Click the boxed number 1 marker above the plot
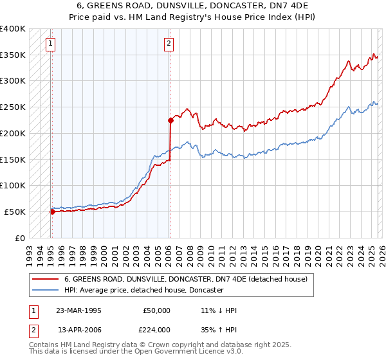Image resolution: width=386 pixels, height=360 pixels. point(50,44)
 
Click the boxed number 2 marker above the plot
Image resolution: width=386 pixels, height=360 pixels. point(169,44)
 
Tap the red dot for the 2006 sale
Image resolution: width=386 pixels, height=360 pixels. point(170,120)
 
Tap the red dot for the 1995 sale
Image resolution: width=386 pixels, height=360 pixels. point(52,211)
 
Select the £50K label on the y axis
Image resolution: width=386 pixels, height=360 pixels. point(15,212)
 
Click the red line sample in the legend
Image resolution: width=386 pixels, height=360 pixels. point(45,279)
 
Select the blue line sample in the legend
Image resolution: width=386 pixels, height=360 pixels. point(45,290)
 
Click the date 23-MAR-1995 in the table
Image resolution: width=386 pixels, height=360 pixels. point(78,310)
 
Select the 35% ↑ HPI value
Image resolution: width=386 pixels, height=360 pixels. point(219,329)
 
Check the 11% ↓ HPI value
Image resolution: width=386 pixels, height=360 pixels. point(219,310)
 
